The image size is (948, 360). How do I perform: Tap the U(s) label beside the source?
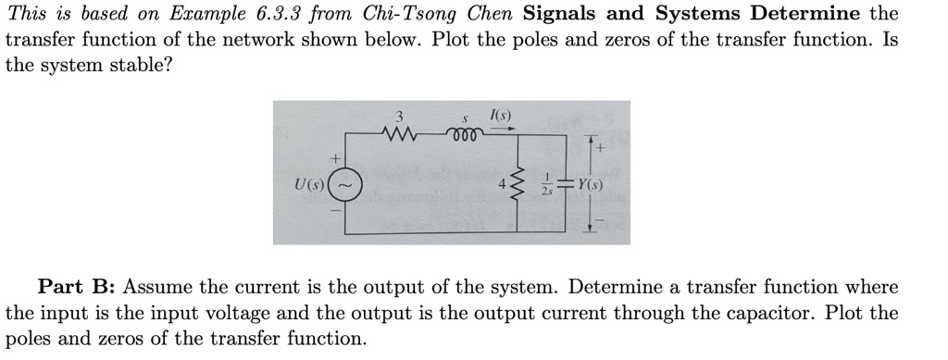pos(306,183)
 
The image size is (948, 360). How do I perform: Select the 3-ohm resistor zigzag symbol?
pos(399,137)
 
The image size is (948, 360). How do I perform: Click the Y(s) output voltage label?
pos(590,183)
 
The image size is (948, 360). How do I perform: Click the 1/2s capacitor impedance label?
pos(549,183)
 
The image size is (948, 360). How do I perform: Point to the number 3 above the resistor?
pos(399,118)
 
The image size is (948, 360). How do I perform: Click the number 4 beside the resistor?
pos(502,183)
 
